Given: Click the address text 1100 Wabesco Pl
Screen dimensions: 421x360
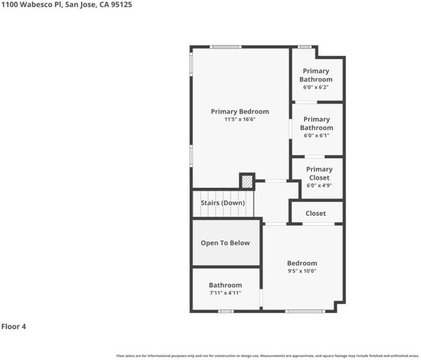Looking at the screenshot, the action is pyautogui.click(x=32, y=5).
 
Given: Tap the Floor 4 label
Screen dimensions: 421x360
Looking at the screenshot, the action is pyautogui.click(x=14, y=326).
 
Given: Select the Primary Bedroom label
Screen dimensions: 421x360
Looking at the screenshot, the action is pyautogui.click(x=240, y=112).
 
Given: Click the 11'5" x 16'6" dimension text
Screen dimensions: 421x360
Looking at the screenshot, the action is pyautogui.click(x=240, y=119).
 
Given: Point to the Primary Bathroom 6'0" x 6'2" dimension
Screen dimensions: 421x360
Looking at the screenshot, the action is pyautogui.click(x=315, y=88).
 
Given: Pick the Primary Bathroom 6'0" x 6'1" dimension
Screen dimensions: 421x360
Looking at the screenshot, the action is pyautogui.click(x=316, y=136).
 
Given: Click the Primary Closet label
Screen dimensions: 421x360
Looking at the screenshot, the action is pyautogui.click(x=319, y=173).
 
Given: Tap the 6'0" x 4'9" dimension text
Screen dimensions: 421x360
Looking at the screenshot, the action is pyautogui.click(x=319, y=185).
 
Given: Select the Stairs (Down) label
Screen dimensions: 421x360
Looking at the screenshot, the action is pyautogui.click(x=222, y=203).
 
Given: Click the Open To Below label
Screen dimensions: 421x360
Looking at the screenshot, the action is pyautogui.click(x=225, y=243).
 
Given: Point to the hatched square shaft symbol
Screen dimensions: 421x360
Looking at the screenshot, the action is pyautogui.click(x=247, y=182).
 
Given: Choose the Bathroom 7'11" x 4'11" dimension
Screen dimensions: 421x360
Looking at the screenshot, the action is pyautogui.click(x=225, y=293).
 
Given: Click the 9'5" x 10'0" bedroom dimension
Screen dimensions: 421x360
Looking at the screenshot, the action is pyautogui.click(x=302, y=271).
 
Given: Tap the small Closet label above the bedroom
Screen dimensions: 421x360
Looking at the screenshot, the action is pyautogui.click(x=315, y=214).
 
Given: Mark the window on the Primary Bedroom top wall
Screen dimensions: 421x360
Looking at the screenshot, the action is pyautogui.click(x=225, y=47).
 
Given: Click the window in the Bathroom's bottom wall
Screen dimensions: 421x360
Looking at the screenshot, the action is pyautogui.click(x=225, y=311).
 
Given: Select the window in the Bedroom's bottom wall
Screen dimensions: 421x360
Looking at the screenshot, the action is pyautogui.click(x=305, y=311).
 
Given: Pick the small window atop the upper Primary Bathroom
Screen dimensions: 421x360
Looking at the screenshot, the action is pyautogui.click(x=305, y=47).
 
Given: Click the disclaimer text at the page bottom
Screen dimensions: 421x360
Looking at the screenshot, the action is pyautogui.click(x=267, y=356).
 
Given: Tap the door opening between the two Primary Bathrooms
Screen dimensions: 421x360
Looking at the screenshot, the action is pyautogui.click(x=306, y=102).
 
